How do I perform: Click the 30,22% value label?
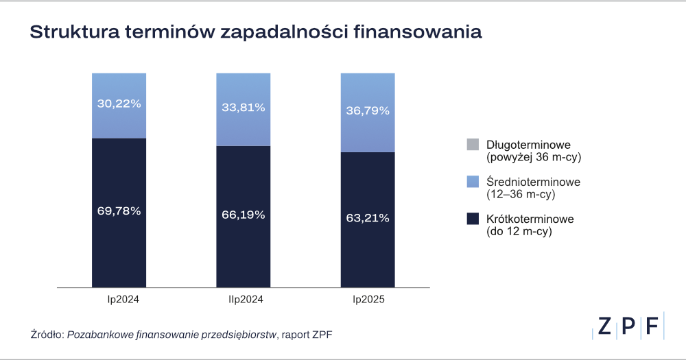coord(119,104)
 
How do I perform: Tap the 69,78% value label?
coord(119,211)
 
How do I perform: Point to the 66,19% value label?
coord(243,215)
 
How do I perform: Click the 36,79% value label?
coord(368,110)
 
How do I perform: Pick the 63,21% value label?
coord(368,218)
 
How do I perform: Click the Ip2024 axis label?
coord(119,300)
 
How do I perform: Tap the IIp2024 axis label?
coord(243,300)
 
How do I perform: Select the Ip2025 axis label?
coord(368,300)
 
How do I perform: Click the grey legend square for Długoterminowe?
coord(472,145)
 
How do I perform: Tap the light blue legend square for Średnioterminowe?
coord(472,182)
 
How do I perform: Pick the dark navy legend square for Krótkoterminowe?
coord(472,219)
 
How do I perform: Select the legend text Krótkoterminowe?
coord(530,219)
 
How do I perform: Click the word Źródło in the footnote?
coord(47,334)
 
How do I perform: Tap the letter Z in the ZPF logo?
coord(604,326)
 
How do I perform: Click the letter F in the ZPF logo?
coord(652,326)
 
